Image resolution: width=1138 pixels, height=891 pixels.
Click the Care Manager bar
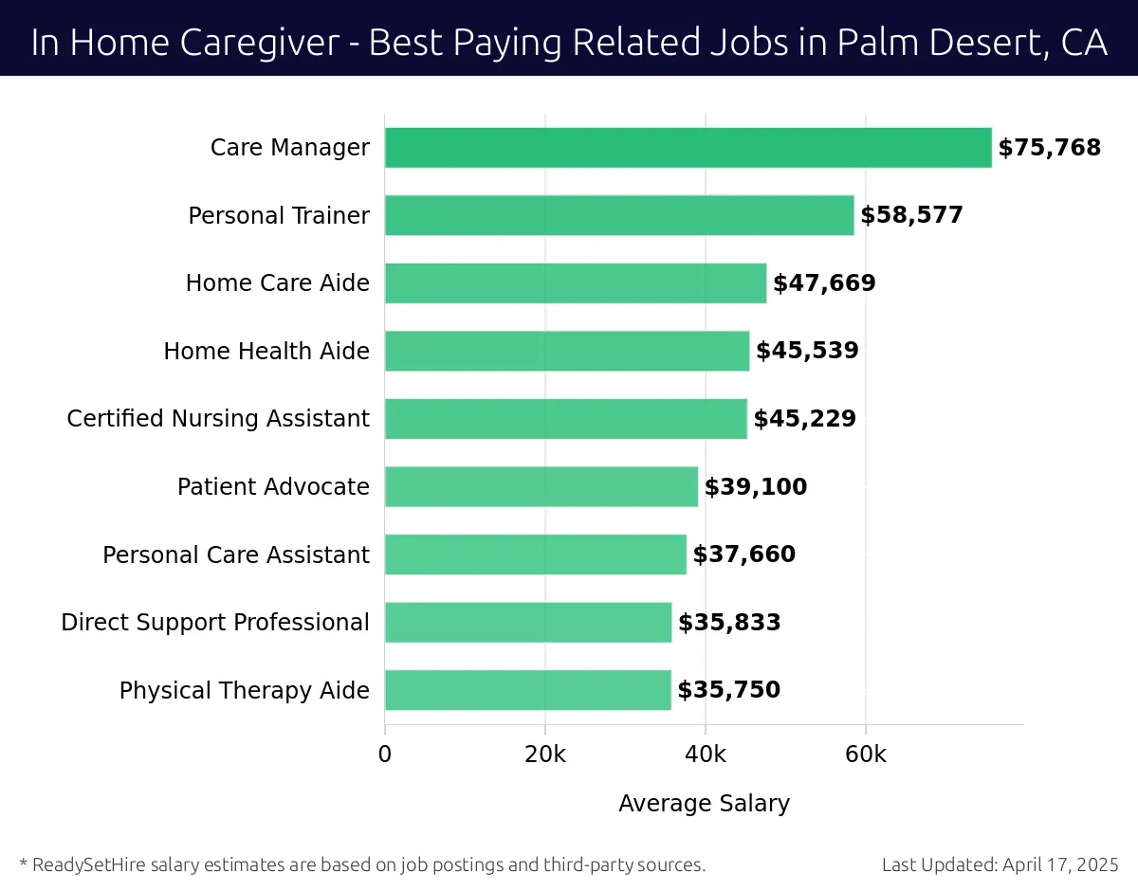tap(688, 148)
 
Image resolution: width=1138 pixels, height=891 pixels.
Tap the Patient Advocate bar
tap(541, 486)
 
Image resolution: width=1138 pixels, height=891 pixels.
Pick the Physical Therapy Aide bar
tap(528, 690)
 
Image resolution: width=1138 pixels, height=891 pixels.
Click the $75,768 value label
tap(1049, 148)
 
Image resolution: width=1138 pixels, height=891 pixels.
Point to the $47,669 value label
tap(824, 283)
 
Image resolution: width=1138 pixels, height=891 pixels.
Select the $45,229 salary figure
tap(804, 419)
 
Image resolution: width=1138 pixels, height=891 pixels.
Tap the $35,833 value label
tap(729, 623)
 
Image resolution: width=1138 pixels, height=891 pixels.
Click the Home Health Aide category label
tap(266, 352)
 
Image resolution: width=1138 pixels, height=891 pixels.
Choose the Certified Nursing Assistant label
tap(218, 419)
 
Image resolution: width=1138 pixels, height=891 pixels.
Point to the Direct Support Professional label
tap(215, 623)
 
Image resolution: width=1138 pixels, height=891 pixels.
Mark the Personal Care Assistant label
tap(236, 555)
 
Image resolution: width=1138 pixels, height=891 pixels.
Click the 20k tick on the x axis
tap(545, 755)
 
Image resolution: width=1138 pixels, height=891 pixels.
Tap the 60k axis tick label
tap(866, 755)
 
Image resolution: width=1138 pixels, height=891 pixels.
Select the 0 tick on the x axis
tap(385, 755)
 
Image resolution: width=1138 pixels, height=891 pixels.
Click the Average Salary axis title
tap(704, 804)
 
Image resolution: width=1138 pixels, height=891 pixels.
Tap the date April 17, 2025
tap(1059, 864)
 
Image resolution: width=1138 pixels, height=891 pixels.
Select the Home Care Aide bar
tap(576, 283)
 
